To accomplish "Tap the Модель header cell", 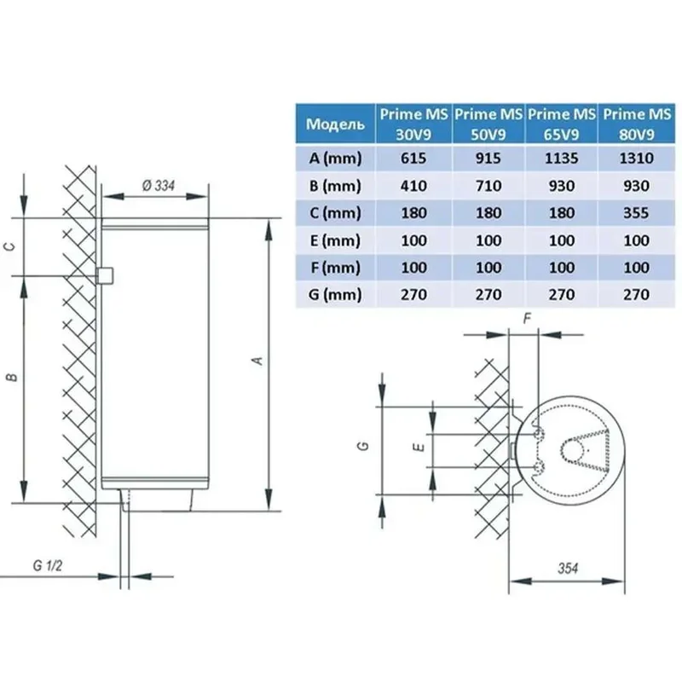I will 336,124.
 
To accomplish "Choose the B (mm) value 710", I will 488,186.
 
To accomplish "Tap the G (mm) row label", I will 336,295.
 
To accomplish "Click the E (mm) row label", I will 336,240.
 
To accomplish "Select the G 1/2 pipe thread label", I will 48,566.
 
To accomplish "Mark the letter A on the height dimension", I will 256,361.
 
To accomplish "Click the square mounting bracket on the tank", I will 107,275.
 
